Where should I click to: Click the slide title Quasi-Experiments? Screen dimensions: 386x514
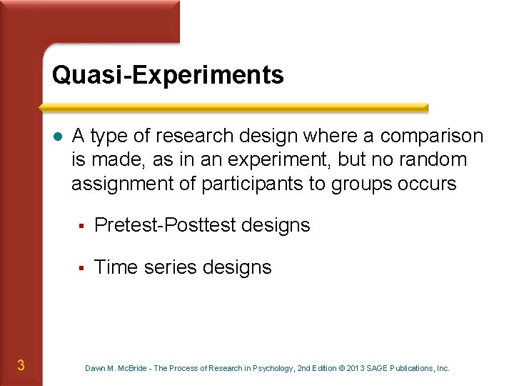click(168, 75)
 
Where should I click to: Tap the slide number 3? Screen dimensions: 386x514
click(21, 366)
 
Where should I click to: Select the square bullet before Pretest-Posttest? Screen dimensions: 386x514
click(82, 226)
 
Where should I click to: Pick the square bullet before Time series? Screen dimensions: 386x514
click(82, 268)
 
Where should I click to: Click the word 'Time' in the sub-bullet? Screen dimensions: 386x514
click(116, 267)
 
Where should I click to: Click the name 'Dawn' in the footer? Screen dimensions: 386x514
click(95, 368)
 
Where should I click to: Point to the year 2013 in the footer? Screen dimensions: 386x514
click(355, 368)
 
